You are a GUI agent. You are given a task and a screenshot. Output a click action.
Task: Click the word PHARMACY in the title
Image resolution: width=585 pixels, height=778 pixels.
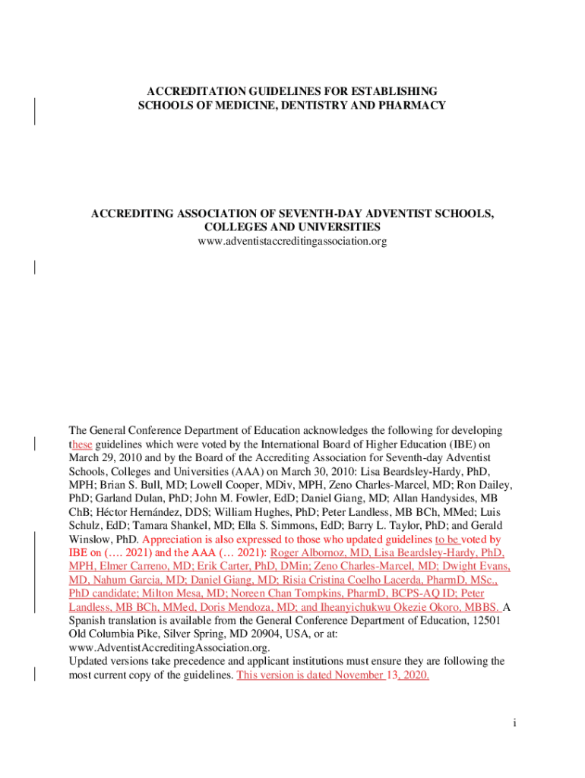point(412,105)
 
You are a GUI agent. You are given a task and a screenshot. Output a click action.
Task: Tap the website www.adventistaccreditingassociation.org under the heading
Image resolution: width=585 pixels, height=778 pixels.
point(292,242)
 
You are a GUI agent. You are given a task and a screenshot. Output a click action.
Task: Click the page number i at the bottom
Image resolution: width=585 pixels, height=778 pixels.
point(514,723)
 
